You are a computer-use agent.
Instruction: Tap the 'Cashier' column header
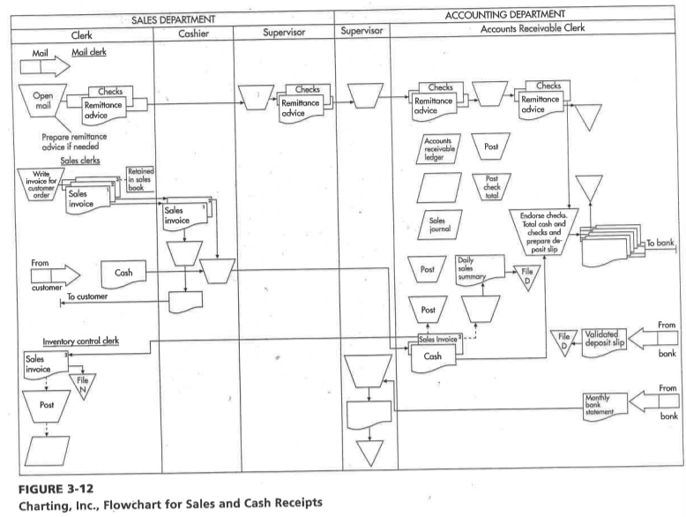coord(192,36)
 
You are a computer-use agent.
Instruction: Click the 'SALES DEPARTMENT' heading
coord(168,18)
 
